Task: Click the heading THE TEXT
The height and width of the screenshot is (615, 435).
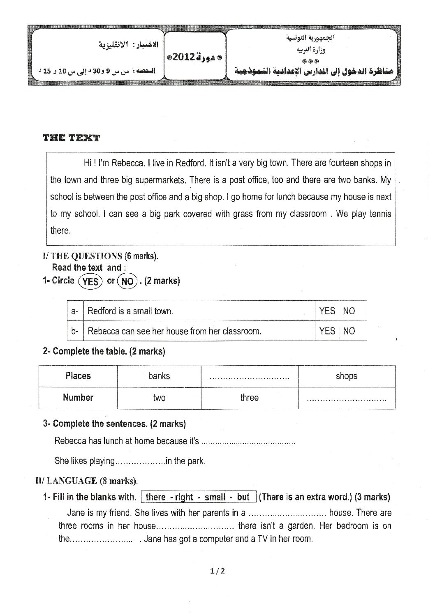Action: pyautogui.click(x=71, y=138)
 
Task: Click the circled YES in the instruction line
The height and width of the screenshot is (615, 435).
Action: pyautogui.click(x=90, y=281)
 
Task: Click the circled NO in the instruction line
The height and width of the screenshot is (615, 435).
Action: pyautogui.click(x=127, y=281)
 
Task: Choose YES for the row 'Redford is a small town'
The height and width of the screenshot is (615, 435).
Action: pyautogui.click(x=327, y=311)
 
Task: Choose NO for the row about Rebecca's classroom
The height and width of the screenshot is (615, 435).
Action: pyautogui.click(x=349, y=331)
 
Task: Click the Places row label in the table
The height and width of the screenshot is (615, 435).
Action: pyautogui.click(x=78, y=376)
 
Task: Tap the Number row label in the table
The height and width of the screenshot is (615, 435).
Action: pyautogui.click(x=78, y=398)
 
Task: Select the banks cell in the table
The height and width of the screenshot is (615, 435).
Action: pyautogui.click(x=159, y=376)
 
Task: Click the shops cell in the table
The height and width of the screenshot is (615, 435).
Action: pyautogui.click(x=346, y=376)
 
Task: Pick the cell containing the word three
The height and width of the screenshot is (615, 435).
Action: pyautogui.click(x=249, y=398)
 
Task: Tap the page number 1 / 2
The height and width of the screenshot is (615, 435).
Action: pyautogui.click(x=217, y=571)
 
